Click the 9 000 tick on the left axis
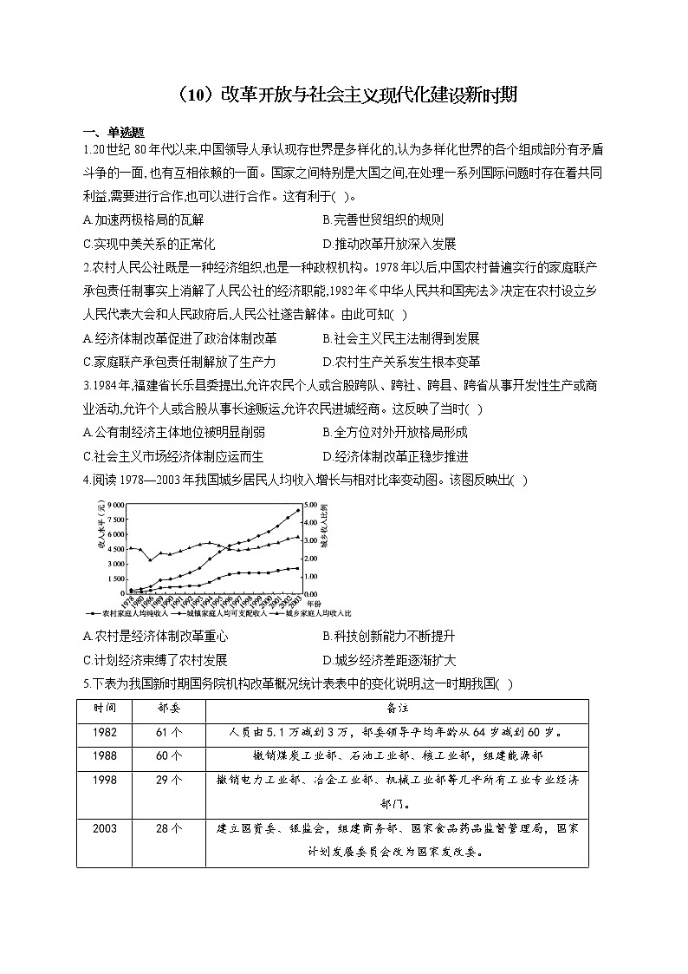click(x=117, y=504)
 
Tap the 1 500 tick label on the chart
click(x=117, y=578)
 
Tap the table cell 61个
click(x=170, y=731)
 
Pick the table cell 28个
click(x=170, y=828)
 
